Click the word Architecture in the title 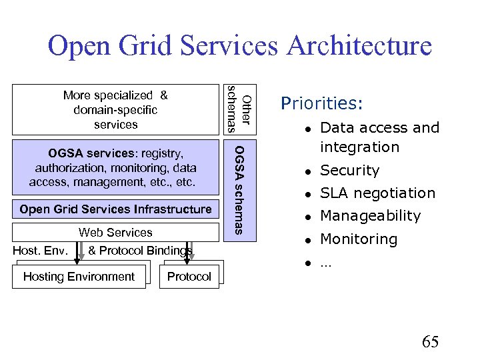click(359, 46)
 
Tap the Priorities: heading click(322, 103)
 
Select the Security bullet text click(349, 171)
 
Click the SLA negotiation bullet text click(377, 193)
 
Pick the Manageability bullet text click(370, 216)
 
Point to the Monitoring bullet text click(359, 239)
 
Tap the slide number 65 click(430, 342)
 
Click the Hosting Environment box click(79, 277)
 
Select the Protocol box click(189, 277)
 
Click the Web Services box click(115, 233)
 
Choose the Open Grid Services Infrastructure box click(115, 209)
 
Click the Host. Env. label click(40, 251)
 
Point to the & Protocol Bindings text click(140, 251)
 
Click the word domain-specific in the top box click(115, 110)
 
